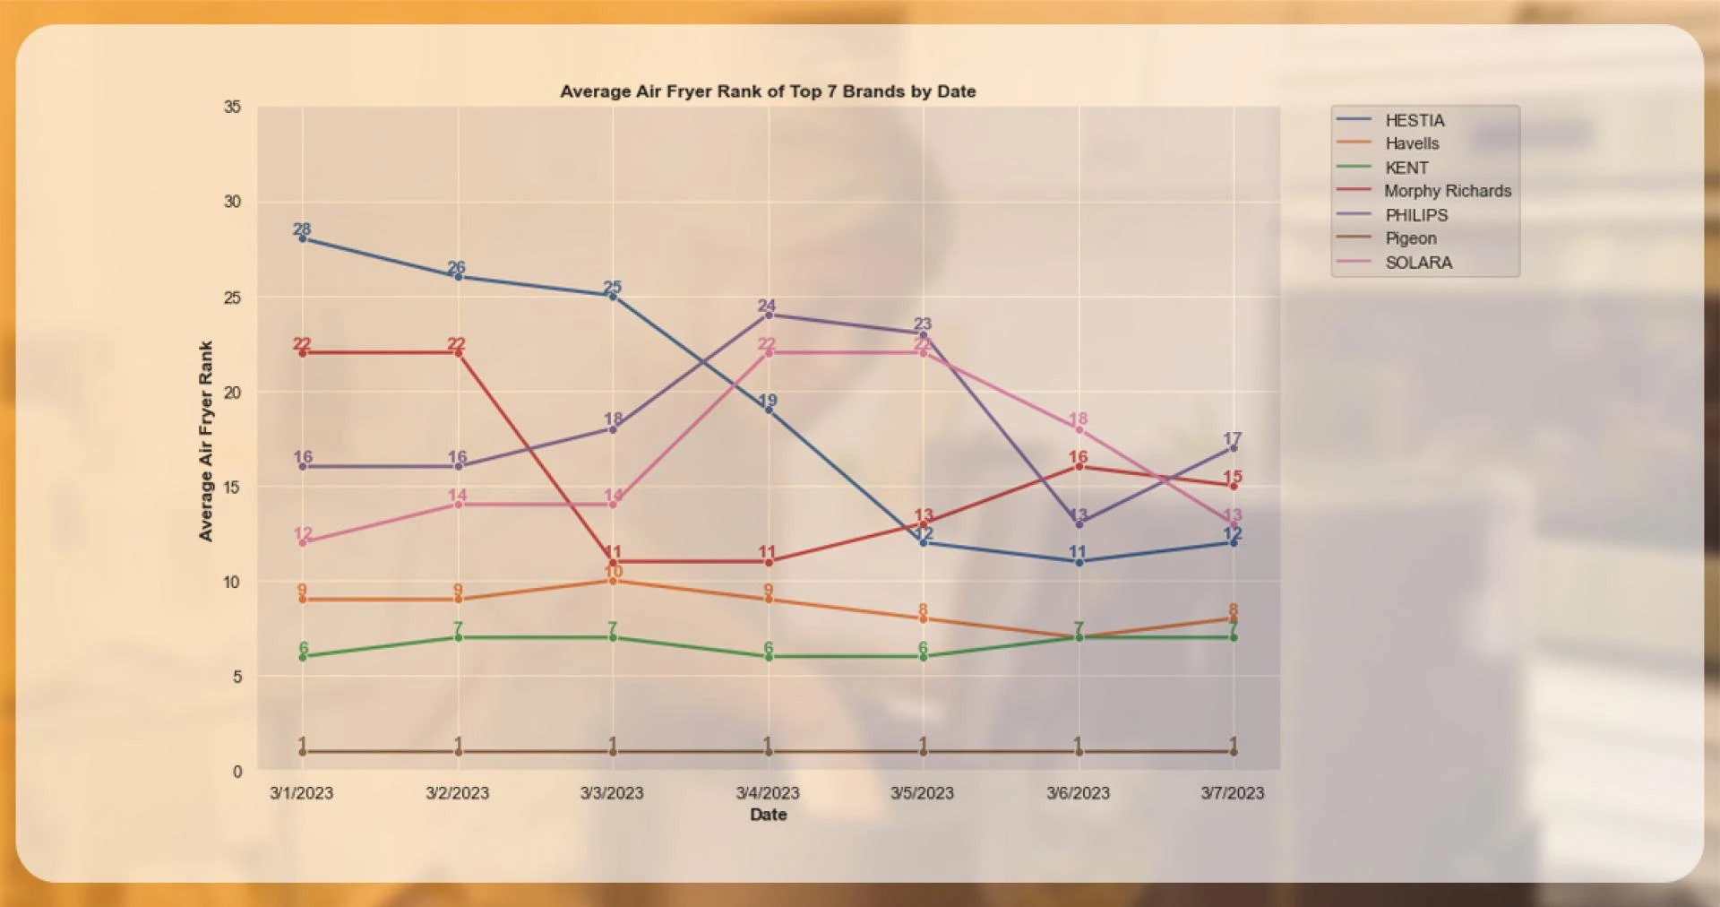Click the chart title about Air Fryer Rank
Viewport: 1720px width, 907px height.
(768, 91)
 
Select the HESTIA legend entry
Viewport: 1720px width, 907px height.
(1414, 120)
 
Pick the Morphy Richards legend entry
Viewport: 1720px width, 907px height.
(1446, 191)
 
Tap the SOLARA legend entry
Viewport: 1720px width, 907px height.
(1418, 263)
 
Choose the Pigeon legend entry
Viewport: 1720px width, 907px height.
(1410, 238)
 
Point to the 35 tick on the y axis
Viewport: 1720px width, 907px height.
(232, 108)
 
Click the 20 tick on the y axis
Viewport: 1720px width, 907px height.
(232, 393)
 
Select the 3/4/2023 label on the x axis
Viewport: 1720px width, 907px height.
(768, 793)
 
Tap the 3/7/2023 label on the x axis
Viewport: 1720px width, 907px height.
(1233, 793)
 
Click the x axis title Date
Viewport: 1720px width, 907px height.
(768, 815)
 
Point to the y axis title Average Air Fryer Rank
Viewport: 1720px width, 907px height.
(206, 441)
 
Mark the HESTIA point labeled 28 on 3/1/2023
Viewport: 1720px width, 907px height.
(303, 238)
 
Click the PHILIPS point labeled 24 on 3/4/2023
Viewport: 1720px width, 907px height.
(769, 315)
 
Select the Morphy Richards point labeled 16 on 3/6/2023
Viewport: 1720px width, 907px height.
(1079, 467)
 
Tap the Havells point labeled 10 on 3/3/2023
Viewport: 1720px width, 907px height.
(613, 581)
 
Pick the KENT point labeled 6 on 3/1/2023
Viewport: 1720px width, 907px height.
(303, 657)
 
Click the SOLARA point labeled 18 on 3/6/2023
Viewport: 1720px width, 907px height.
(1079, 429)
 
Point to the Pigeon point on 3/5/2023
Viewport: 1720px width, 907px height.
(924, 752)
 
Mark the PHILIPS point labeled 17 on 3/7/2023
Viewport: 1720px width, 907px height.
(1234, 448)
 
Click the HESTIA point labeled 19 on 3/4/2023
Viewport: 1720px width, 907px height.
(769, 410)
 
